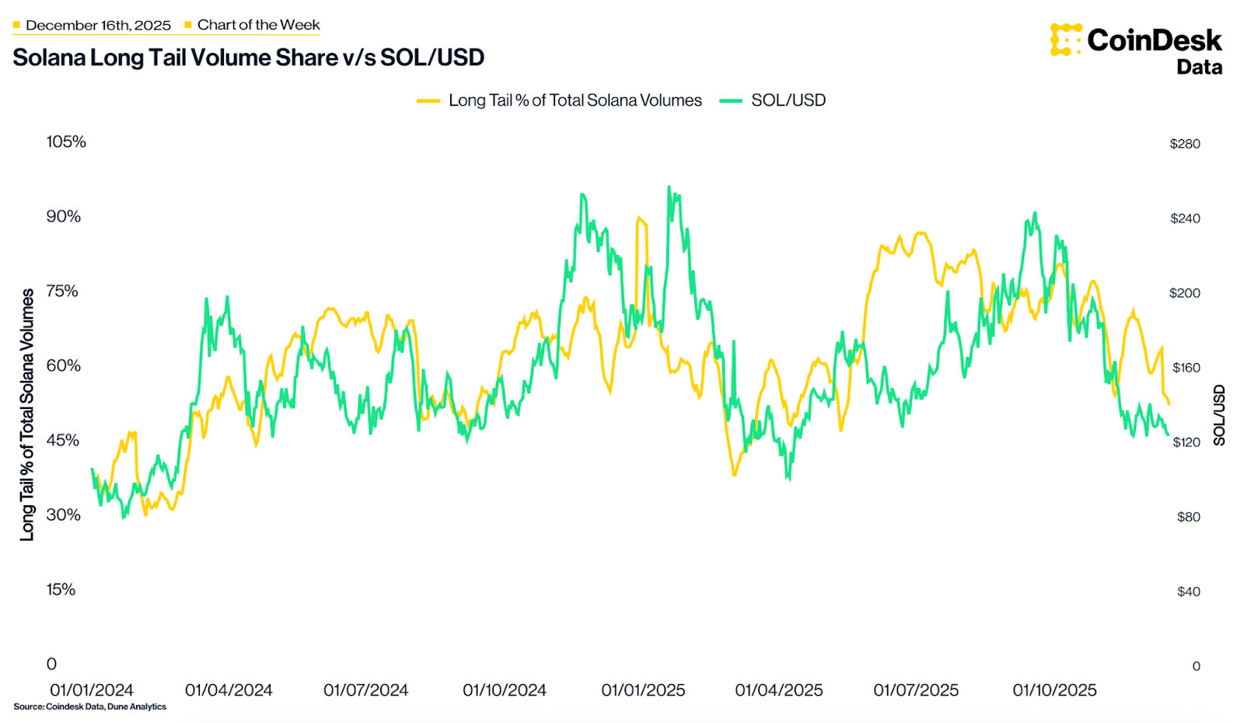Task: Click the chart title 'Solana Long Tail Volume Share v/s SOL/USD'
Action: click(248, 58)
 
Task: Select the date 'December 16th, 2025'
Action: click(98, 25)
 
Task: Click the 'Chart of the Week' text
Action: click(258, 25)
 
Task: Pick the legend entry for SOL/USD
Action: click(788, 100)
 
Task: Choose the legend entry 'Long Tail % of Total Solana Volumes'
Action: click(575, 100)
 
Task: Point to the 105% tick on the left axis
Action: click(66, 141)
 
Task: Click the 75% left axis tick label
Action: click(62, 291)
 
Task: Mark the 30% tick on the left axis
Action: click(63, 515)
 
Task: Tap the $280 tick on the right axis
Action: click(1185, 144)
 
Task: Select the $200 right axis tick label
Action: click(1185, 293)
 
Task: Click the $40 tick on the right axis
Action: click(1188, 592)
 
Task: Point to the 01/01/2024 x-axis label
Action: click(92, 690)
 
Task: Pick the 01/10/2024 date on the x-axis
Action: click(505, 690)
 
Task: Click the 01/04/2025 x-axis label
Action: click(779, 690)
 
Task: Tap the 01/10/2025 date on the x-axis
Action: click(1054, 690)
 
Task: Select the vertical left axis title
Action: click(27, 414)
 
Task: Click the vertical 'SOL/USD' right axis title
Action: click(1218, 415)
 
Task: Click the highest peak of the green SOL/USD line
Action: click(669, 187)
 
